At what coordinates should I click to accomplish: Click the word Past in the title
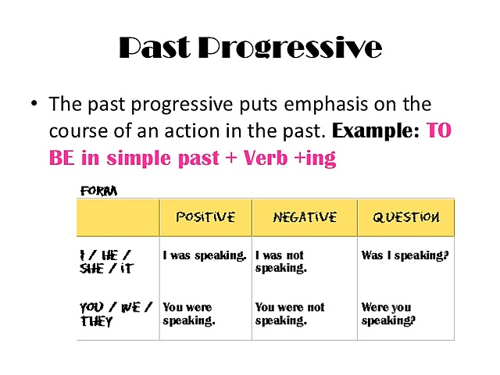153,48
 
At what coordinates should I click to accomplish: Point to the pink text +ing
312,159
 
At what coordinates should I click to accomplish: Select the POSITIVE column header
205,217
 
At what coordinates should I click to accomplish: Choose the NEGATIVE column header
305,217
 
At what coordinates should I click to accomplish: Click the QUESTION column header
405,217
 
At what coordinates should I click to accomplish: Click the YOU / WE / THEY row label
115,314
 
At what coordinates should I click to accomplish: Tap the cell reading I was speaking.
205,255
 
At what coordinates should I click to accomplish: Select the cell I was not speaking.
280,262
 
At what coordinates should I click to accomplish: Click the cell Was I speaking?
405,255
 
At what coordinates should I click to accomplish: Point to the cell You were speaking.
189,314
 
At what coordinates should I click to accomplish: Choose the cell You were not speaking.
290,314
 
